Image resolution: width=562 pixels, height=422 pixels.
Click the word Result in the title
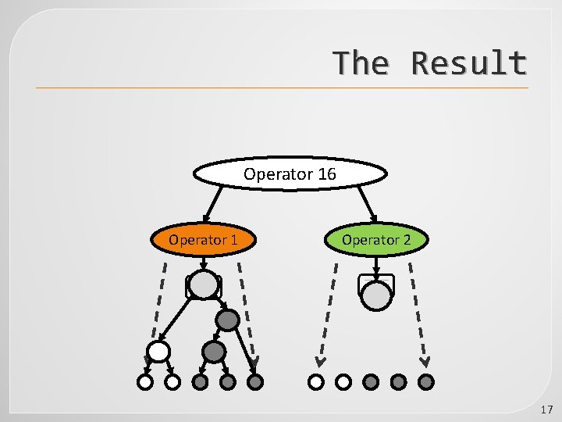(x=469, y=63)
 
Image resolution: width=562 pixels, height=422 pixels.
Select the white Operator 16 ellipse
(x=290, y=174)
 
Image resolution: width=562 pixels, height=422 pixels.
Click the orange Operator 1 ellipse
(x=203, y=240)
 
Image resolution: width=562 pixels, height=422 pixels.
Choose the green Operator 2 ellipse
(x=375, y=240)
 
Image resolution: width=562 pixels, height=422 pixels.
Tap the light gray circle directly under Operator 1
(x=204, y=285)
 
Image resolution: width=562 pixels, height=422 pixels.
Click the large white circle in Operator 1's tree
(x=158, y=352)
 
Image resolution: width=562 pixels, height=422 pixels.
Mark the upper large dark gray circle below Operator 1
(x=227, y=320)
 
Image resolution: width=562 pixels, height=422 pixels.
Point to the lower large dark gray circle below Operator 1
(x=214, y=352)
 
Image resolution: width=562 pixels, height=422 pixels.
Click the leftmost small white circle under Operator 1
(x=145, y=382)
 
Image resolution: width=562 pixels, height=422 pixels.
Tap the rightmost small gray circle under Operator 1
(x=255, y=382)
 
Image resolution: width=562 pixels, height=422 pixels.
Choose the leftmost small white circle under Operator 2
(x=315, y=382)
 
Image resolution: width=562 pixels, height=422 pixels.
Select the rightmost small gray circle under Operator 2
(x=426, y=382)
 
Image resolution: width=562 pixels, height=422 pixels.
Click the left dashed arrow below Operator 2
(x=327, y=313)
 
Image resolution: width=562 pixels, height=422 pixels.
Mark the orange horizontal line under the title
(x=281, y=88)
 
